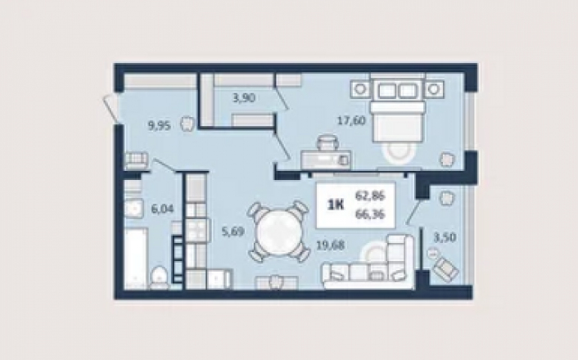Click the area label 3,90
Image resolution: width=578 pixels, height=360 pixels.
click(x=244, y=98)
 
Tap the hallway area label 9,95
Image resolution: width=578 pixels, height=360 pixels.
click(x=160, y=126)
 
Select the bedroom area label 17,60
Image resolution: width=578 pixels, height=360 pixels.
click(x=352, y=120)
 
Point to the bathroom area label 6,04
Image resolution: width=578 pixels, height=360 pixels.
click(x=162, y=209)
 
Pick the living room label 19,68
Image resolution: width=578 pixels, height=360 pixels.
click(x=331, y=245)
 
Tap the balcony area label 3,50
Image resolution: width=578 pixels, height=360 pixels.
click(x=445, y=237)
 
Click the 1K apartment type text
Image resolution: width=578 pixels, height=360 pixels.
click(x=336, y=205)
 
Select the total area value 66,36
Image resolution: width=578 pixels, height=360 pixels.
click(x=370, y=214)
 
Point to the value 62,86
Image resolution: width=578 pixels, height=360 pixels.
click(x=370, y=196)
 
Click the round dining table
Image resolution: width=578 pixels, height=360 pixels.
click(x=278, y=232)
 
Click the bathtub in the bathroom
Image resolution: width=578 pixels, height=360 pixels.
click(x=136, y=259)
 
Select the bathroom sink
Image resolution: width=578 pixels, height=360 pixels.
click(x=133, y=209)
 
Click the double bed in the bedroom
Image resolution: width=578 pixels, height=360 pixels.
click(x=397, y=108)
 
